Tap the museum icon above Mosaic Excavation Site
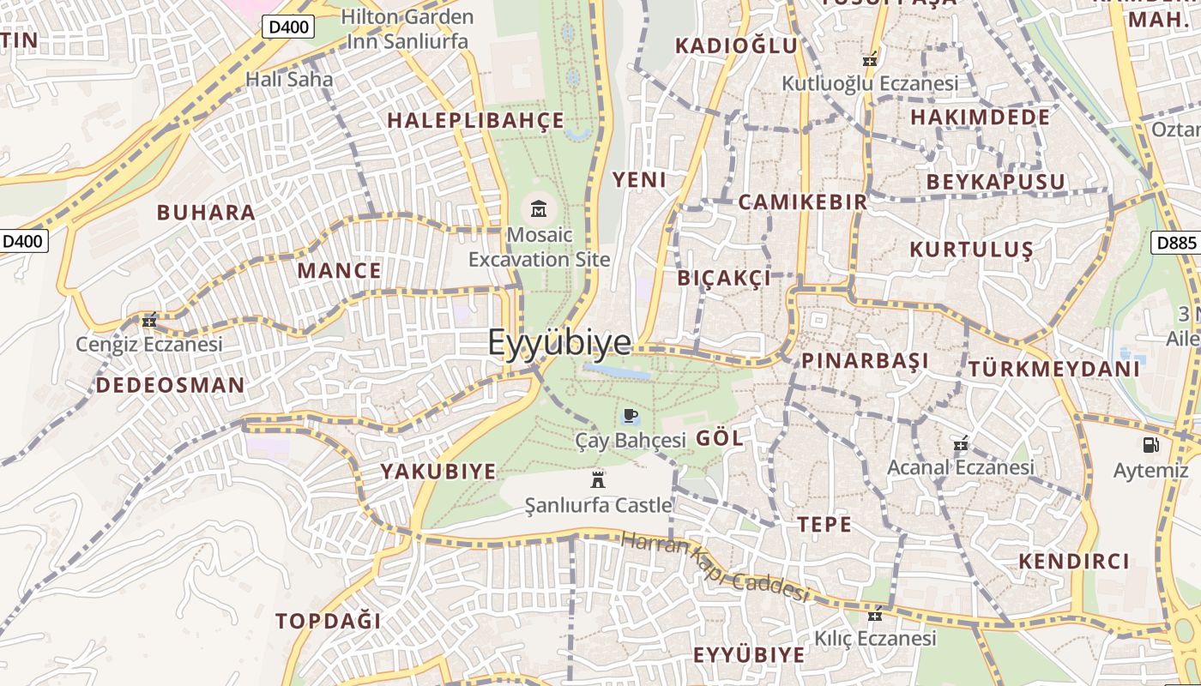point(539,208)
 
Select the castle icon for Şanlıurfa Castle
point(598,479)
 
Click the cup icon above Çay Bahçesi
point(631,417)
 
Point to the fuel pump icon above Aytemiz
point(1150,444)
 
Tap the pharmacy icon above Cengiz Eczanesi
point(149,321)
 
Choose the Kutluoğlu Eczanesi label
point(870,84)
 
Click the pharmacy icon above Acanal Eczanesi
point(961,444)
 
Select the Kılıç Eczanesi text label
point(875,639)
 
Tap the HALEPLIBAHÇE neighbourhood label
point(476,121)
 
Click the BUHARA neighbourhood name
point(206,213)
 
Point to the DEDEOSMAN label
point(170,386)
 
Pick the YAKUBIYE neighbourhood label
point(438,472)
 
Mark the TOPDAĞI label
point(328,622)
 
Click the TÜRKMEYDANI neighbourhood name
point(1054,370)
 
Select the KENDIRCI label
point(1074,562)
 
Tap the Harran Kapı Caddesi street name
point(715,566)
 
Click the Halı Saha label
point(277,79)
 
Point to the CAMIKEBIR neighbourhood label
point(803,202)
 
